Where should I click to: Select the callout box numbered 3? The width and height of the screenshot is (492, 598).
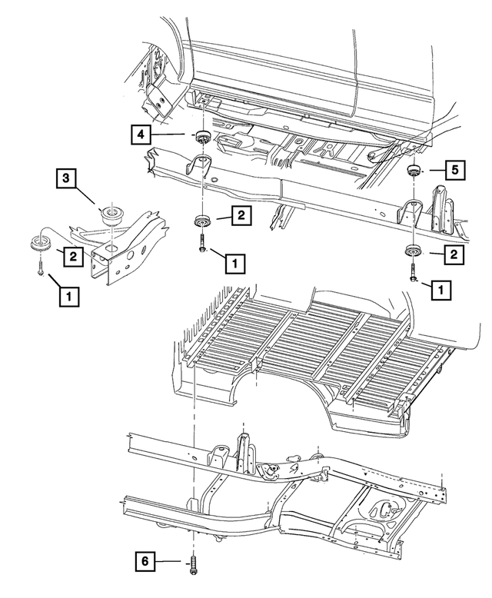pyautogui.click(x=67, y=180)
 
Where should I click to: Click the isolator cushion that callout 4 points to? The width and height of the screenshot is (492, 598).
pyautogui.click(x=204, y=138)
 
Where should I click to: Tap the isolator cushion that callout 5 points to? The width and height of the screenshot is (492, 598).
pyautogui.click(x=413, y=171)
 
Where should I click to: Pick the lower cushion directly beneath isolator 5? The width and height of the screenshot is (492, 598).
pyautogui.click(x=413, y=250)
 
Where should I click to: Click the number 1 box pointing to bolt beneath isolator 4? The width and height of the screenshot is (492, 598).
pyautogui.click(x=234, y=263)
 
